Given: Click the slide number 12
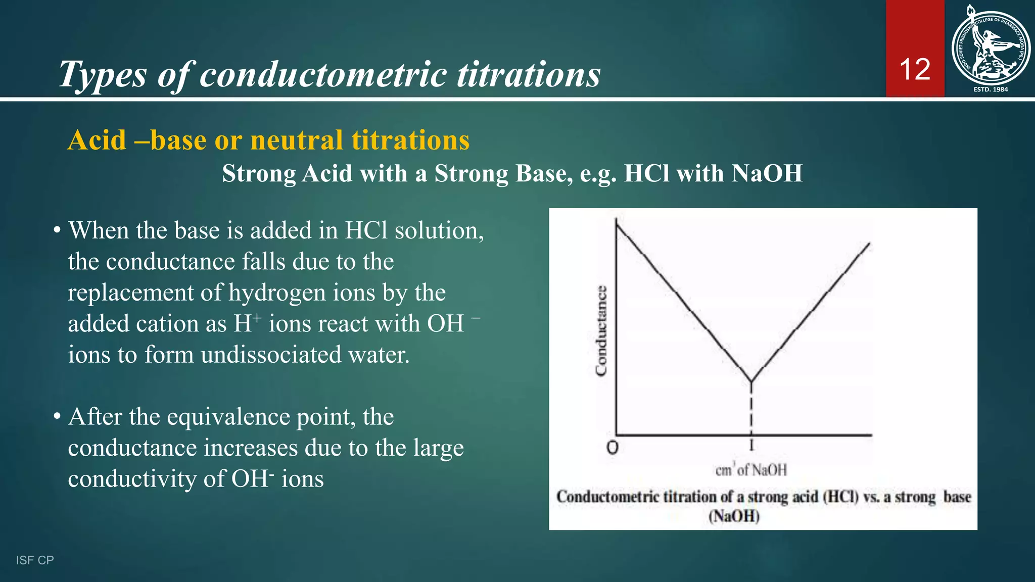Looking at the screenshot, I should click(915, 69).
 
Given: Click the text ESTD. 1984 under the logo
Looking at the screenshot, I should click(991, 89).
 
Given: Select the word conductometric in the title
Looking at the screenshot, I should click(323, 74).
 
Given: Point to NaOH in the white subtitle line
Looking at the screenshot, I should click(767, 173).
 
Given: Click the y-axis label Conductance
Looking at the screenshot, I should click(601, 331).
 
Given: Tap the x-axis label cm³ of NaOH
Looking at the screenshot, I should click(751, 470).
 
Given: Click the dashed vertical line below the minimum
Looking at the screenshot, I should click(751, 412).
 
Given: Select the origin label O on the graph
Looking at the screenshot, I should click(612, 448).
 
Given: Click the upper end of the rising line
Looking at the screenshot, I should click(869, 244).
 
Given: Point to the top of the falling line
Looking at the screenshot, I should click(617, 223).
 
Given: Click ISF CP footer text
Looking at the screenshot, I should click(35, 560).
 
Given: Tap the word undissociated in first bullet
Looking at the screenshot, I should click(271, 355).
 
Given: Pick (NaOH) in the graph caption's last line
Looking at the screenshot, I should click(734, 516).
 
